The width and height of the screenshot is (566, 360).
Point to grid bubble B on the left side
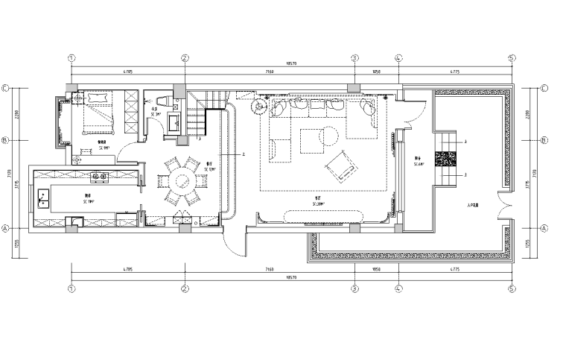click(x=6, y=139)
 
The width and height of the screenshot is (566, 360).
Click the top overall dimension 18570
click(x=291, y=64)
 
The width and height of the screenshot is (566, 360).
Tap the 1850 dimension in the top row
click(x=376, y=72)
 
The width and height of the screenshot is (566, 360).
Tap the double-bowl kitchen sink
click(x=43, y=198)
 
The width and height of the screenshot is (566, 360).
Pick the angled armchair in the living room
click(x=340, y=165)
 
